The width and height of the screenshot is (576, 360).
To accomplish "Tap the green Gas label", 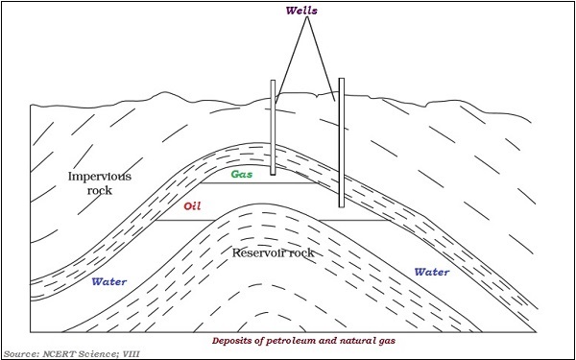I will tap(242, 175).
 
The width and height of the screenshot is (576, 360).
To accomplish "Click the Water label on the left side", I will tap(110, 282).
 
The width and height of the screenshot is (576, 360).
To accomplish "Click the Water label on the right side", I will tap(432, 273).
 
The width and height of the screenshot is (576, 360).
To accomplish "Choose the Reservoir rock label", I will tap(275, 252).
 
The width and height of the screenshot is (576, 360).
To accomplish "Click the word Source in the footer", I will tap(22, 352).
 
